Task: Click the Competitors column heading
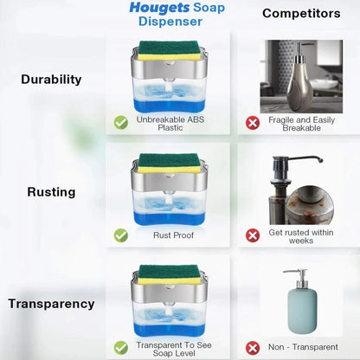302,13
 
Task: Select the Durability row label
52,79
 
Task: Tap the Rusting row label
52,191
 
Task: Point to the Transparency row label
52,304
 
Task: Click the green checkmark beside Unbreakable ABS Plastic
121,123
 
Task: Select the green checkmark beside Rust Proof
121,235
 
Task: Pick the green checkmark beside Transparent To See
121,346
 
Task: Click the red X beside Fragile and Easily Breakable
253,123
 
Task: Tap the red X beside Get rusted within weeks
253,235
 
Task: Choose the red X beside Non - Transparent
253,346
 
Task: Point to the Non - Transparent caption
302,346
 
